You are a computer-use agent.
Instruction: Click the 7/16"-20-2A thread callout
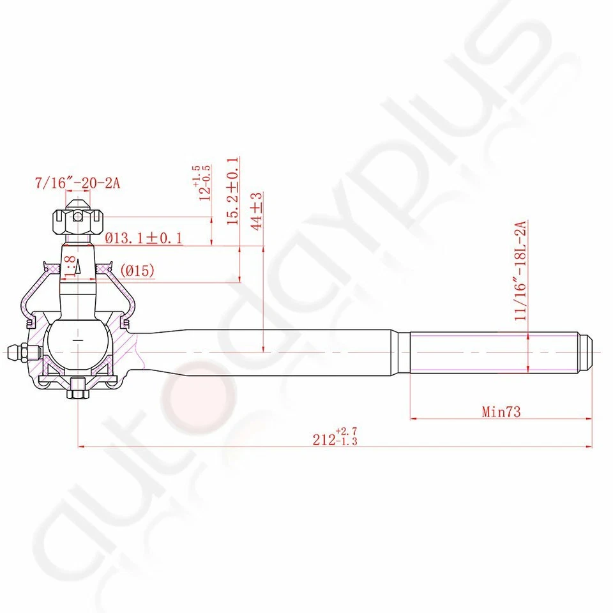tap(77, 184)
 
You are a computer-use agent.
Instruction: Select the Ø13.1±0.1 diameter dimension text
tap(144, 238)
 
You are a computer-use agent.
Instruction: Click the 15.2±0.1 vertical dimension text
tap(232, 191)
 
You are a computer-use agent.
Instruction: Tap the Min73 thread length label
tap(501, 412)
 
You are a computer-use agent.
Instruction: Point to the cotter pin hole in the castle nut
tap(77, 216)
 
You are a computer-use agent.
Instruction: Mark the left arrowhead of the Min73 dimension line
tap(412, 419)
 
